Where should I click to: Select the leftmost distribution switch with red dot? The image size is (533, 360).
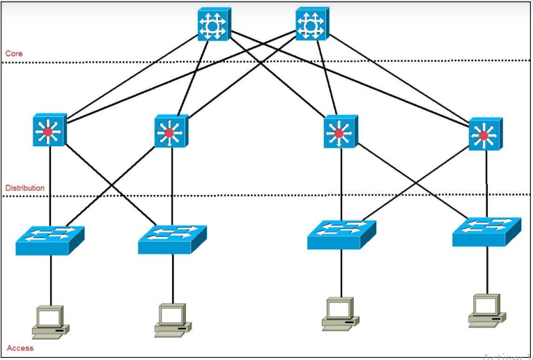pos(49,130)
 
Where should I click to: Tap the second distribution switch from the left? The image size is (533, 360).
pos(168,131)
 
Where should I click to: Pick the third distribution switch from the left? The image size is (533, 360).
pos(339,132)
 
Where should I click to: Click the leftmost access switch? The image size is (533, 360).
pos(49,237)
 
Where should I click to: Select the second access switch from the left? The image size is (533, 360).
pos(172,237)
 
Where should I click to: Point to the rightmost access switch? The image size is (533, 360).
pos(486,230)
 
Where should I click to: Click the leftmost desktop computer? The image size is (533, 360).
pos(50,322)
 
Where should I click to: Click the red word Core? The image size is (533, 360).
pos(13,53)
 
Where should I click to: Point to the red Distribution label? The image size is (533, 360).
pos(24,188)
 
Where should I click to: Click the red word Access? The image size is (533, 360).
pos(20,347)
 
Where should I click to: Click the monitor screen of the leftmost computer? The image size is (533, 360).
pos(49,317)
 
